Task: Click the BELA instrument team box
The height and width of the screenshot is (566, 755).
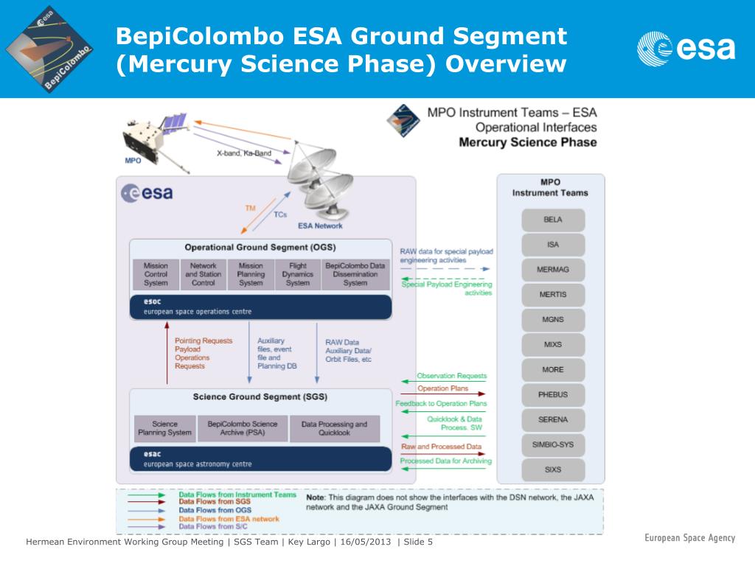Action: click(x=553, y=220)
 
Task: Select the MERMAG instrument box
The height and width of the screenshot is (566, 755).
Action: click(x=553, y=270)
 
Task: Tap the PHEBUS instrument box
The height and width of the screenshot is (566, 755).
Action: click(x=553, y=394)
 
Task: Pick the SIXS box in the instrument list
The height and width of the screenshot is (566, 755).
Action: click(x=553, y=469)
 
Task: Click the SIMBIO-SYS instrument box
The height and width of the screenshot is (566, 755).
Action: click(x=553, y=444)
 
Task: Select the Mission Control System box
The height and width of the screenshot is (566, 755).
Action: click(x=156, y=274)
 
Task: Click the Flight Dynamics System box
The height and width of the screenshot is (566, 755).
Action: click(x=298, y=274)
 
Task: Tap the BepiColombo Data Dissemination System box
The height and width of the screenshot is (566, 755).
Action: click(x=355, y=274)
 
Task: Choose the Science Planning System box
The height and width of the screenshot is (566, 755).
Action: click(x=164, y=428)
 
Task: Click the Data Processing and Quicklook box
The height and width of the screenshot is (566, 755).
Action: click(x=334, y=428)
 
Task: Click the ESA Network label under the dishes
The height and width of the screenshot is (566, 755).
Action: click(x=320, y=226)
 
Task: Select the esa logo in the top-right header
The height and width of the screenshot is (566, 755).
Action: click(x=686, y=48)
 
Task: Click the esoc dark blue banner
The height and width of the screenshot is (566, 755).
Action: click(x=260, y=306)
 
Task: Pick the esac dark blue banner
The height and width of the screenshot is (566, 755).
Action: click(x=260, y=459)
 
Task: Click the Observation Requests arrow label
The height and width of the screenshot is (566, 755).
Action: click(x=452, y=376)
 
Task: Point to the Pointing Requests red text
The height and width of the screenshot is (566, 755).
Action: click(x=203, y=340)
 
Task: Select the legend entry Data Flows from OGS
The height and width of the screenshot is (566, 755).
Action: click(x=215, y=510)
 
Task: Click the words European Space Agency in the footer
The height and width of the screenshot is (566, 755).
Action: click(x=689, y=538)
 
